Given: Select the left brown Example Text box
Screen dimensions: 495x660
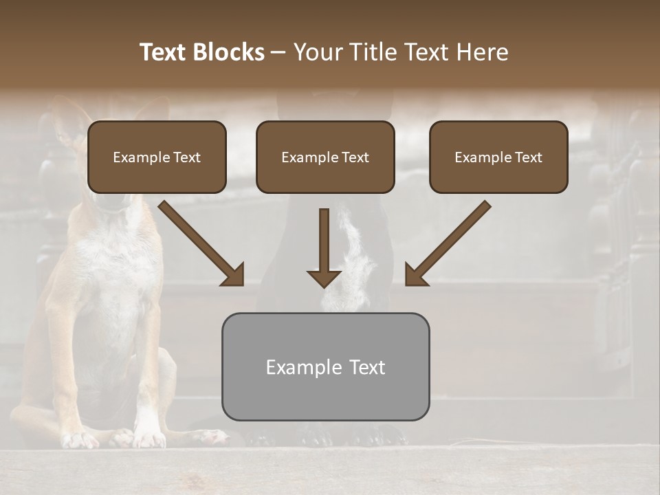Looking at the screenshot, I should pyautogui.click(x=157, y=157).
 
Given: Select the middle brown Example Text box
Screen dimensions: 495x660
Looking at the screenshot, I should pyautogui.click(x=325, y=157).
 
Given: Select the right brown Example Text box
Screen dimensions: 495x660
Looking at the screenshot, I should pyautogui.click(x=498, y=157).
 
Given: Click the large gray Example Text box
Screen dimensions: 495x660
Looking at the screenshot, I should pyautogui.click(x=325, y=366).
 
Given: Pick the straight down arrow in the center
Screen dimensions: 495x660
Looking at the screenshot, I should pyautogui.click(x=324, y=247).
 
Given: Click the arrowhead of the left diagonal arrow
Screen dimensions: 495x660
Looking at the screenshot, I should pyautogui.click(x=234, y=275).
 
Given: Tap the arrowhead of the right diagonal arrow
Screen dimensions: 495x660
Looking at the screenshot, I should pyautogui.click(x=415, y=275).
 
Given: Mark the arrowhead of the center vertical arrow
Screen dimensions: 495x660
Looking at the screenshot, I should pyautogui.click(x=324, y=278).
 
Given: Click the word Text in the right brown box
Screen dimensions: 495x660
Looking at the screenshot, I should pyautogui.click(x=529, y=157).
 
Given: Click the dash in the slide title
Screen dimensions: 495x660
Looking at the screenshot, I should pyautogui.click(x=278, y=52).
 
